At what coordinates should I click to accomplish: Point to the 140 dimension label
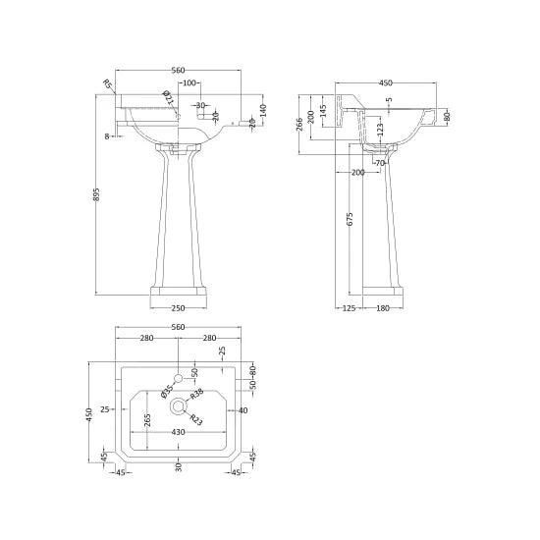click(264, 110)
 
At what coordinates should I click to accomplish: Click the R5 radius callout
click(107, 85)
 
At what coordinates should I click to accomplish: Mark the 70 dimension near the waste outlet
click(380, 162)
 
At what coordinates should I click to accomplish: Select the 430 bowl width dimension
click(178, 432)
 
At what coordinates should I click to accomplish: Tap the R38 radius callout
click(196, 394)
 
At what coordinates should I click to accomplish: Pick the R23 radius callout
click(195, 420)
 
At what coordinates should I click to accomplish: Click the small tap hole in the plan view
click(178, 377)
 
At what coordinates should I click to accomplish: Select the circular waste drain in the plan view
click(178, 405)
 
